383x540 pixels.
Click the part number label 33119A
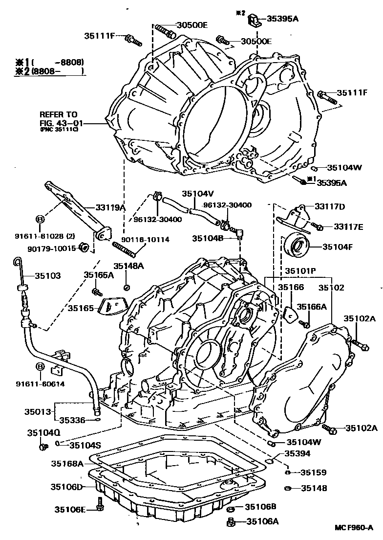[110, 207]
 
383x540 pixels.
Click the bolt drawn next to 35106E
[100, 506]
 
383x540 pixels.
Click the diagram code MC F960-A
[354, 528]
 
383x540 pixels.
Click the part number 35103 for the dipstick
[47, 276]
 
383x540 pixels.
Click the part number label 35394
[298, 453]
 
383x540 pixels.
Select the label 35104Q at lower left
[43, 432]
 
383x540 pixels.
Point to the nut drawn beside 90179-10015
[84, 247]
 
